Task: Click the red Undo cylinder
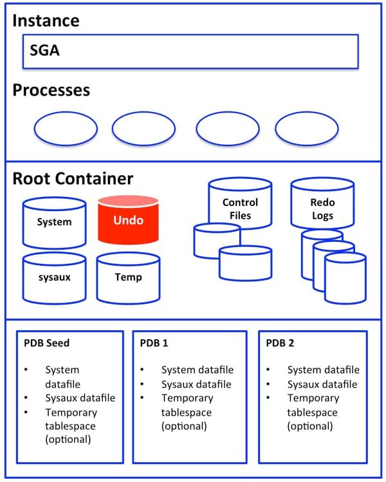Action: (129, 220)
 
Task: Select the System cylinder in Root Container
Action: (54, 223)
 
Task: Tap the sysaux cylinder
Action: (54, 278)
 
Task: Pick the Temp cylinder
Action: (129, 278)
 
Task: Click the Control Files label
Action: (240, 209)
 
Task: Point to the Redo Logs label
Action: (322, 209)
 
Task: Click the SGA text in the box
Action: (44, 50)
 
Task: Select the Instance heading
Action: (46, 20)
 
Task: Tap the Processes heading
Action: (51, 89)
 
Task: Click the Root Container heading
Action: (73, 178)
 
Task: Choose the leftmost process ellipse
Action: (65, 129)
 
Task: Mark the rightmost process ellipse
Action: (307, 129)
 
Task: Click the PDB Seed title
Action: (47, 343)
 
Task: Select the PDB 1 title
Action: (154, 343)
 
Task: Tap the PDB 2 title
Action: (280, 343)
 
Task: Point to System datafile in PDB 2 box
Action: (323, 369)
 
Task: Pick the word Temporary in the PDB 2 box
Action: (313, 398)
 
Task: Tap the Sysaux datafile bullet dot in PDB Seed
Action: (26, 398)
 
